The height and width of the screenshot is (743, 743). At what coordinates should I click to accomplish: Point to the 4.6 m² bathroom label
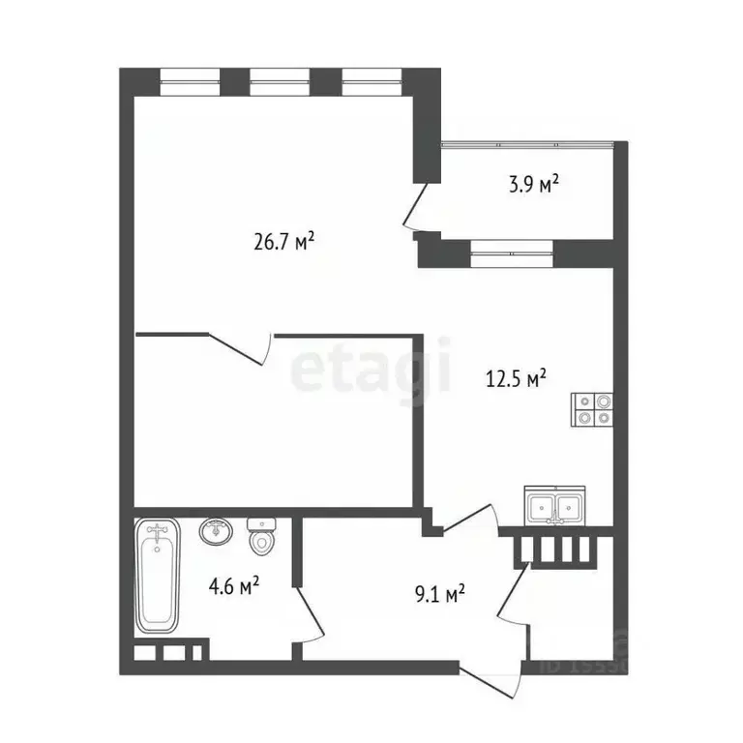point(234,585)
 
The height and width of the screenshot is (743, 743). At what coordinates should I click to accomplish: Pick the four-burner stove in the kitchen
point(592,409)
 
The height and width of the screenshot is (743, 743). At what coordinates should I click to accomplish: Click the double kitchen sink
point(554,504)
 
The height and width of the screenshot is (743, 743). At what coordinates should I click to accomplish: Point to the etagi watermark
point(371,366)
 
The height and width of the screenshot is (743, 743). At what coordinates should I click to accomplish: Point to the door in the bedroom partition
point(242,346)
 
